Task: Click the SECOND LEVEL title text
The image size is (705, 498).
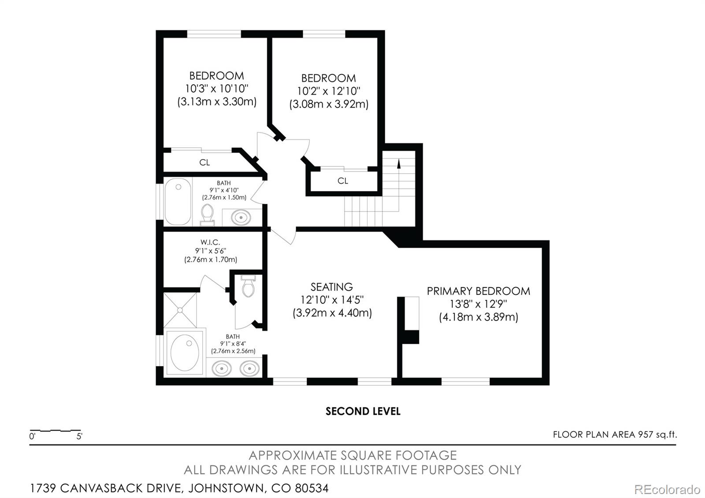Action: click(x=363, y=411)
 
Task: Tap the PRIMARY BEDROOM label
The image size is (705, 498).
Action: click(x=478, y=291)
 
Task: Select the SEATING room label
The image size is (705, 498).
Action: click(x=331, y=287)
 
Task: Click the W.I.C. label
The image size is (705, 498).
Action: click(x=210, y=242)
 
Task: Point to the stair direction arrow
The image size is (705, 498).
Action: click(x=399, y=164)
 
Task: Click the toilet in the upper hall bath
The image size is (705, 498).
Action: click(x=207, y=214)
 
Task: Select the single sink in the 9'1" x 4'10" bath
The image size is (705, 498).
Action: click(x=241, y=217)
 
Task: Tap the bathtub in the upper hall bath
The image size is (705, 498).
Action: click(x=178, y=201)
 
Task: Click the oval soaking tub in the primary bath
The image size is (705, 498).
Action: click(x=184, y=352)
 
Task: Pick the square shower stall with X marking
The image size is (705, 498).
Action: click(x=180, y=310)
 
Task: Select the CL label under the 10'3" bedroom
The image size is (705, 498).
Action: click(x=204, y=163)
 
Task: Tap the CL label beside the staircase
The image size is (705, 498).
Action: click(x=343, y=181)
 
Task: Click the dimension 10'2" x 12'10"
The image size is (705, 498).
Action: click(x=329, y=91)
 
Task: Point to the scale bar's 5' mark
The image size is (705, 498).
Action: click(x=79, y=437)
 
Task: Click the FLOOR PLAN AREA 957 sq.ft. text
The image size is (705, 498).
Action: click(x=615, y=435)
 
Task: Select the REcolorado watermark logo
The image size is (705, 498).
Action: click(x=667, y=489)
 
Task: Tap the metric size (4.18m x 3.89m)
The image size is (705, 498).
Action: click(x=478, y=317)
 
